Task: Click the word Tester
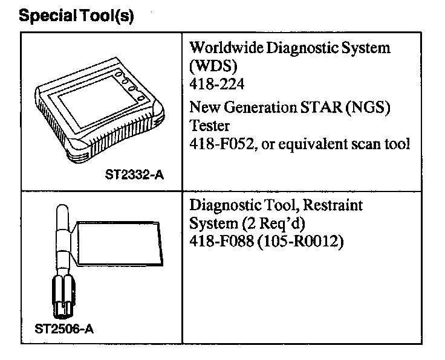(207, 126)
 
